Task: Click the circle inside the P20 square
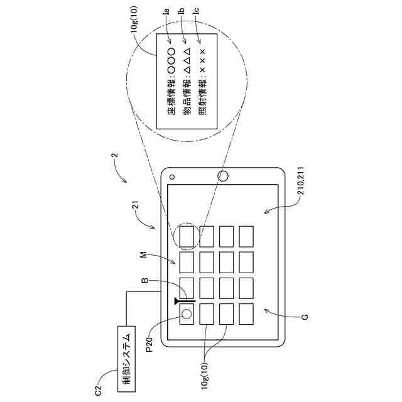tap(187, 313)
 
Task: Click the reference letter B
tap(145, 281)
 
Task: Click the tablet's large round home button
tap(222, 177)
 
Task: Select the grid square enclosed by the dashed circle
tap(187, 236)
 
